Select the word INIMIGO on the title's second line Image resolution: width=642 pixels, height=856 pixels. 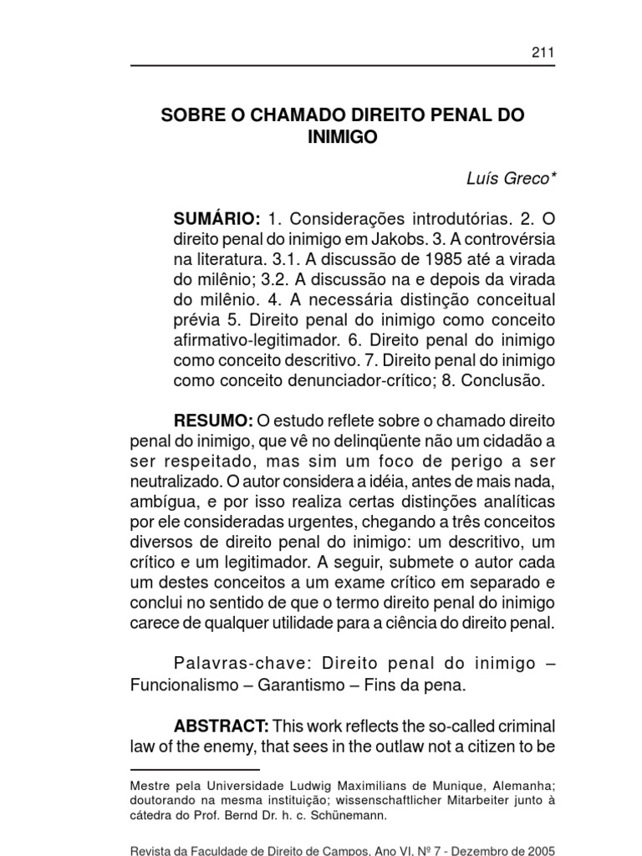tap(343, 137)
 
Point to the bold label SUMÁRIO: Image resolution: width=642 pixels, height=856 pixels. tap(217, 219)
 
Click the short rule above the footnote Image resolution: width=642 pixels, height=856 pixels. tap(195, 768)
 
